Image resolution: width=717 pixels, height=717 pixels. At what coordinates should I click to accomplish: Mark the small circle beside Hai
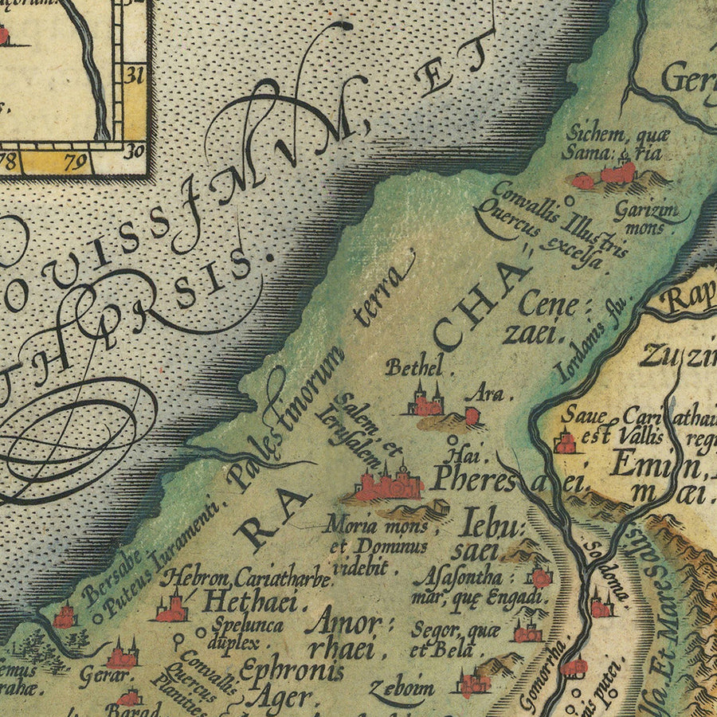pyautogui.click(x=453, y=439)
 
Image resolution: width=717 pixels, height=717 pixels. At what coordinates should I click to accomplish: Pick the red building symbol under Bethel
pyautogui.click(x=425, y=405)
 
